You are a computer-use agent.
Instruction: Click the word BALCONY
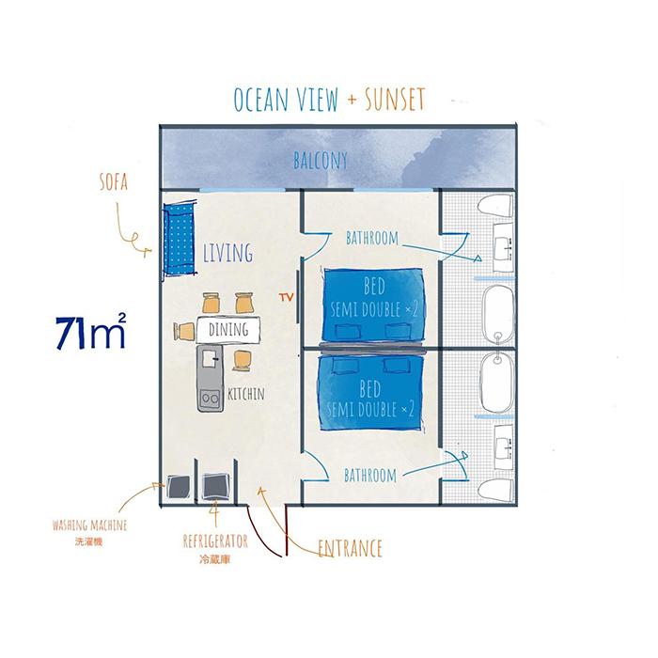click(321, 161)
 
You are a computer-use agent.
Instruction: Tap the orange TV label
click(286, 298)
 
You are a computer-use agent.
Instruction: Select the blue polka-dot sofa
click(180, 239)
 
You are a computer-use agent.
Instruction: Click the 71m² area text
click(90, 331)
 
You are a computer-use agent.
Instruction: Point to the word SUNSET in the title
click(395, 100)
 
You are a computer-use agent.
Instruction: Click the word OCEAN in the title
click(261, 100)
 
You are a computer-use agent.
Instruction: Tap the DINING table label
click(228, 330)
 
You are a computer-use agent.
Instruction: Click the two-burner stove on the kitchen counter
click(211, 397)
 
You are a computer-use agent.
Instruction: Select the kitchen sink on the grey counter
click(210, 359)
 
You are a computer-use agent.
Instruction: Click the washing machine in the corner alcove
click(178, 487)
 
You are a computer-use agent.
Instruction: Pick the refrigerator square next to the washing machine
click(215, 486)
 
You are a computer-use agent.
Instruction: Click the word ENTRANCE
click(350, 548)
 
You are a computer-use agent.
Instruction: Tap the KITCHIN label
click(246, 394)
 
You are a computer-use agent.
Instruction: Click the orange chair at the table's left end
click(184, 331)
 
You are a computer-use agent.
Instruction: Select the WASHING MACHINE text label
click(89, 525)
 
